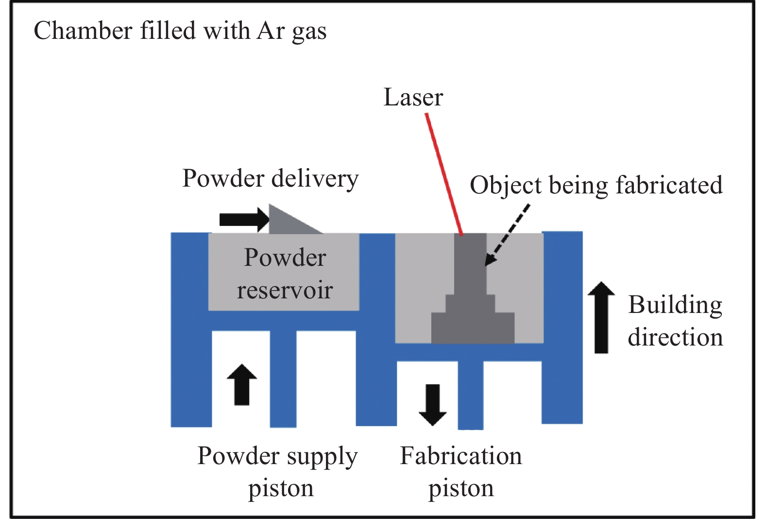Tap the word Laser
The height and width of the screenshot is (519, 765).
click(x=413, y=97)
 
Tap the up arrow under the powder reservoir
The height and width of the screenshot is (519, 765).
click(x=242, y=384)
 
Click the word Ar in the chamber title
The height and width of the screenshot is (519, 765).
click(x=271, y=31)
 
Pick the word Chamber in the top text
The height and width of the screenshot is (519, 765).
click(x=83, y=31)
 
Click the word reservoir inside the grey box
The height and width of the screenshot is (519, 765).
click(x=285, y=291)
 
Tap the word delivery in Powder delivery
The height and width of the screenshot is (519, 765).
click(x=315, y=178)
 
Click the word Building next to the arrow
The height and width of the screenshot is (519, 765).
click(x=675, y=306)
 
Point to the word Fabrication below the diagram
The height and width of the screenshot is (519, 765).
click(x=460, y=456)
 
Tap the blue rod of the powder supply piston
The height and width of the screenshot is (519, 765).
click(x=283, y=379)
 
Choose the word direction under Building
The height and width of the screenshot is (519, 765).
click(x=675, y=338)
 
